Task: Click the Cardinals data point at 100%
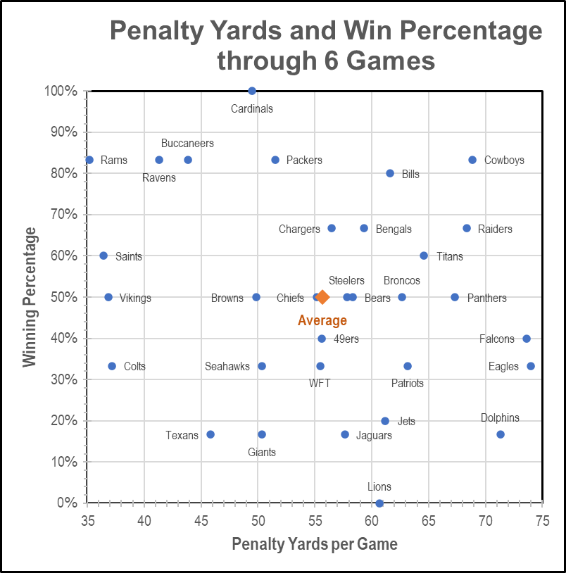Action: tap(252, 91)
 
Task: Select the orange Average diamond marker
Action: tap(322, 297)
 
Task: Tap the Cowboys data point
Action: tap(472, 160)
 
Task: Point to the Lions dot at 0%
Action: tap(379, 503)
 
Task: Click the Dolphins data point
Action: tap(501, 434)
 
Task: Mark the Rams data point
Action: tap(89, 160)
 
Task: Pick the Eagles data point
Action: tap(531, 366)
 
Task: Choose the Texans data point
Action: tap(210, 434)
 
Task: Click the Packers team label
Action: tap(304, 160)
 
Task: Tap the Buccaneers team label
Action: tap(187, 144)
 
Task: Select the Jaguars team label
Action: tap(374, 436)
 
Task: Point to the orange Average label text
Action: tap(322, 321)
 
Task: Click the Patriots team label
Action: tap(408, 384)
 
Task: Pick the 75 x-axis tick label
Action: tap(541, 522)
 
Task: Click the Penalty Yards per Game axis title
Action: tap(315, 544)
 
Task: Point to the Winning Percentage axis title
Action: tap(30, 296)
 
